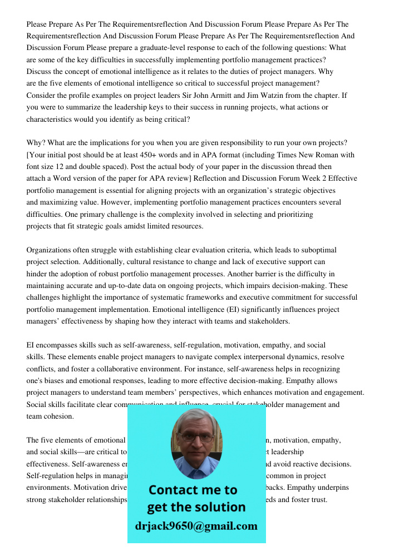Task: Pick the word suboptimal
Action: click(x=317, y=250)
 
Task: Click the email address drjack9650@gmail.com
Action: click(x=196, y=526)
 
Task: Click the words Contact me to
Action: click(x=193, y=490)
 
